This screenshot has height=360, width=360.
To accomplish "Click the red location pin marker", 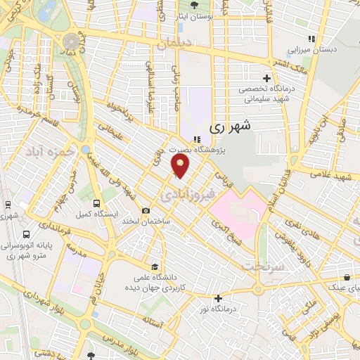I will coord(181,166).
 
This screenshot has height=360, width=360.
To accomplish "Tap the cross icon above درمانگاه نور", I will coord(218,298).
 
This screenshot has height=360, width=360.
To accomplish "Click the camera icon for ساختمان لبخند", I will coord(146,210).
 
